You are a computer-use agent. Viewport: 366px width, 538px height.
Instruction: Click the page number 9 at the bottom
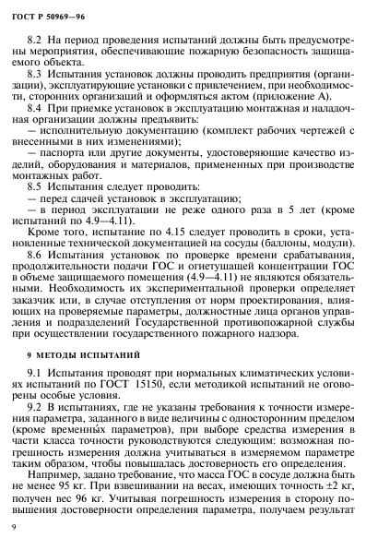(29, 523)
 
